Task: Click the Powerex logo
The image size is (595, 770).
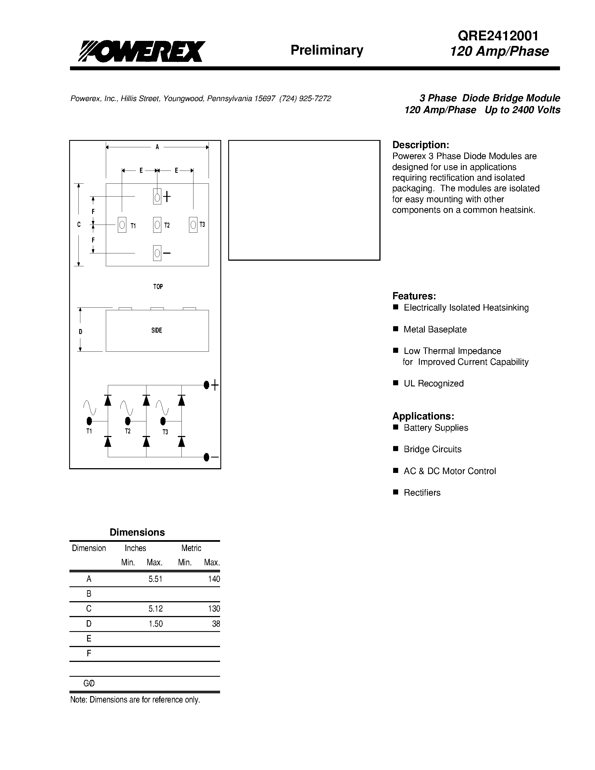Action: pos(141,52)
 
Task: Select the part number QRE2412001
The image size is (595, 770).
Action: pos(498,36)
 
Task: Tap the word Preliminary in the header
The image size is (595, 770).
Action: pos(327,50)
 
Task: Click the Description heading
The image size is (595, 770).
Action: pos(421,145)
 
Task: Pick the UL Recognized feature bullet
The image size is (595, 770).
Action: pos(433,383)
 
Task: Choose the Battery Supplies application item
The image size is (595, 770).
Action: pos(436,428)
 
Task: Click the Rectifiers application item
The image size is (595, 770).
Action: pos(422,493)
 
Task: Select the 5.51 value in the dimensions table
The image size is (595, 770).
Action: pos(155,579)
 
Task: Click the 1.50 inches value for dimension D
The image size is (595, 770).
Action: pos(155,624)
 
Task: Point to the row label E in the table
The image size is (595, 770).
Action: pos(89,638)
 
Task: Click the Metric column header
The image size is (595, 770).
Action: pos(191,548)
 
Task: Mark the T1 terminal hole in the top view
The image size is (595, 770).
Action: pos(122,225)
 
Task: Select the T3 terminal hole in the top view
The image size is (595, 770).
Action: pos(193,225)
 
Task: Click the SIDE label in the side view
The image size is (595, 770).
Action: pos(157,330)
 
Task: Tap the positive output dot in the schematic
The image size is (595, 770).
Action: pos(207,385)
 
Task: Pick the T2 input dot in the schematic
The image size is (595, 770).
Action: pos(128,421)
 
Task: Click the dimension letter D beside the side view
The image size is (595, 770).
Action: pos(80,332)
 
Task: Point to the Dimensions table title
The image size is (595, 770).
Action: pos(137,532)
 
